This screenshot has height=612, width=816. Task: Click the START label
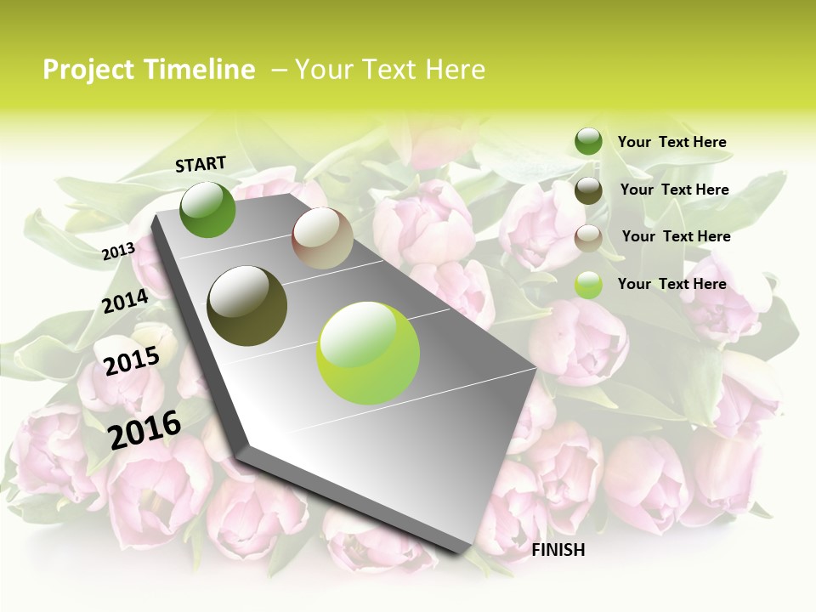click(x=201, y=164)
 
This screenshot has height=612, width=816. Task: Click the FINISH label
click(x=558, y=550)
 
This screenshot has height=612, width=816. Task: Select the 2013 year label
click(x=118, y=251)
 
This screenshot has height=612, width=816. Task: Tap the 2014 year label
click(x=126, y=302)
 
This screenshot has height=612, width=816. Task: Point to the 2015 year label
click(x=132, y=361)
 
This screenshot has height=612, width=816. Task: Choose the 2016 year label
click(x=145, y=429)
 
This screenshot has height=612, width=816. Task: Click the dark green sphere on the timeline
click(x=208, y=210)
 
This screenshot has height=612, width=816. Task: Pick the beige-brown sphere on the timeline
click(x=322, y=238)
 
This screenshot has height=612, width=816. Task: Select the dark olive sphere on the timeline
click(x=247, y=306)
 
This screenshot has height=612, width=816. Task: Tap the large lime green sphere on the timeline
click(x=368, y=353)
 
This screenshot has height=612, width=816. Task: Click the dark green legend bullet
click(x=588, y=141)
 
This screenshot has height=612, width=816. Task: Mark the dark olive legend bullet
click(x=588, y=190)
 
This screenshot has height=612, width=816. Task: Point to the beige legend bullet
click(x=588, y=238)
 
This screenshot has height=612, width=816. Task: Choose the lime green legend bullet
click(x=588, y=285)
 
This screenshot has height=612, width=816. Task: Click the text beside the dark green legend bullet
click(x=671, y=142)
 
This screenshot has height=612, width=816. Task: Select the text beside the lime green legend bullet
click(x=671, y=284)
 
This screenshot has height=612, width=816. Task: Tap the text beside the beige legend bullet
click(x=676, y=236)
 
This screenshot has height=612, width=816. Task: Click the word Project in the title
click(x=88, y=70)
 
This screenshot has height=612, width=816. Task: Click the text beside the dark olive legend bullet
click(x=674, y=190)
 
